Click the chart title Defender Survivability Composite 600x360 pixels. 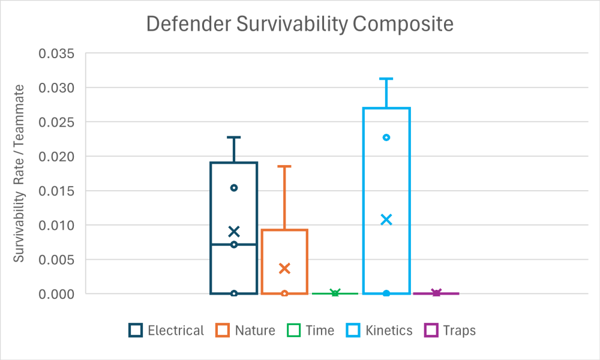click(x=300, y=24)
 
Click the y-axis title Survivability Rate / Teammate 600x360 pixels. click(x=19, y=173)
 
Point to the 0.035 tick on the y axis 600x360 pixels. click(x=56, y=53)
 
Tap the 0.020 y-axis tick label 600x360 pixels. click(x=56, y=157)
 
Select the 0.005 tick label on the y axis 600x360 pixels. click(x=56, y=260)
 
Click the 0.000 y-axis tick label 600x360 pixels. click(x=56, y=294)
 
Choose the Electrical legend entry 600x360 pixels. click(x=167, y=331)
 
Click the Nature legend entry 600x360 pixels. click(x=246, y=331)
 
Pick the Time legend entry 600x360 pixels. click(x=311, y=331)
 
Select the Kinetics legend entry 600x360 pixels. click(x=379, y=331)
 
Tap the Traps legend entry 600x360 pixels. click(x=450, y=331)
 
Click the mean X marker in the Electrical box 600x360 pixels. click(x=234, y=232)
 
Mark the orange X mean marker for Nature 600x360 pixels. click(x=284, y=268)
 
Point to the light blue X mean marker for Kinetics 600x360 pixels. click(x=386, y=220)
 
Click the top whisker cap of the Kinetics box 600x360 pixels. click(x=386, y=79)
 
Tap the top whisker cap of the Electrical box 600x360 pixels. click(x=234, y=137)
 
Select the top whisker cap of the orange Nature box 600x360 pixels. click(x=284, y=166)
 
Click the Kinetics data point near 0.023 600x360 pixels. click(x=386, y=137)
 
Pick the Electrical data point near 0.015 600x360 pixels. click(x=234, y=188)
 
